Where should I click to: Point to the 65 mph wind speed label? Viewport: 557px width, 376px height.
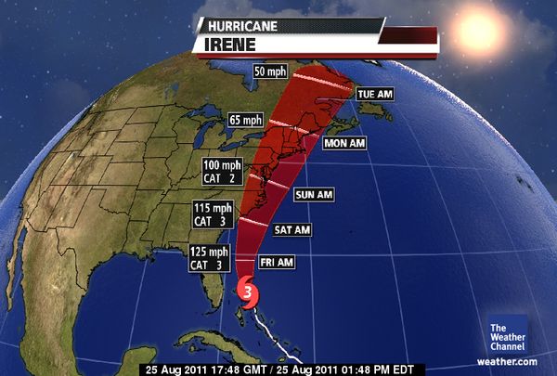coord(246,120)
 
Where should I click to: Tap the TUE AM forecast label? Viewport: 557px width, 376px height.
coord(378,95)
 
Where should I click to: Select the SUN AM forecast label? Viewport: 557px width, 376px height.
coord(313,195)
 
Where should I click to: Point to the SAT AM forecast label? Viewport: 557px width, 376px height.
coord(292,229)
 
